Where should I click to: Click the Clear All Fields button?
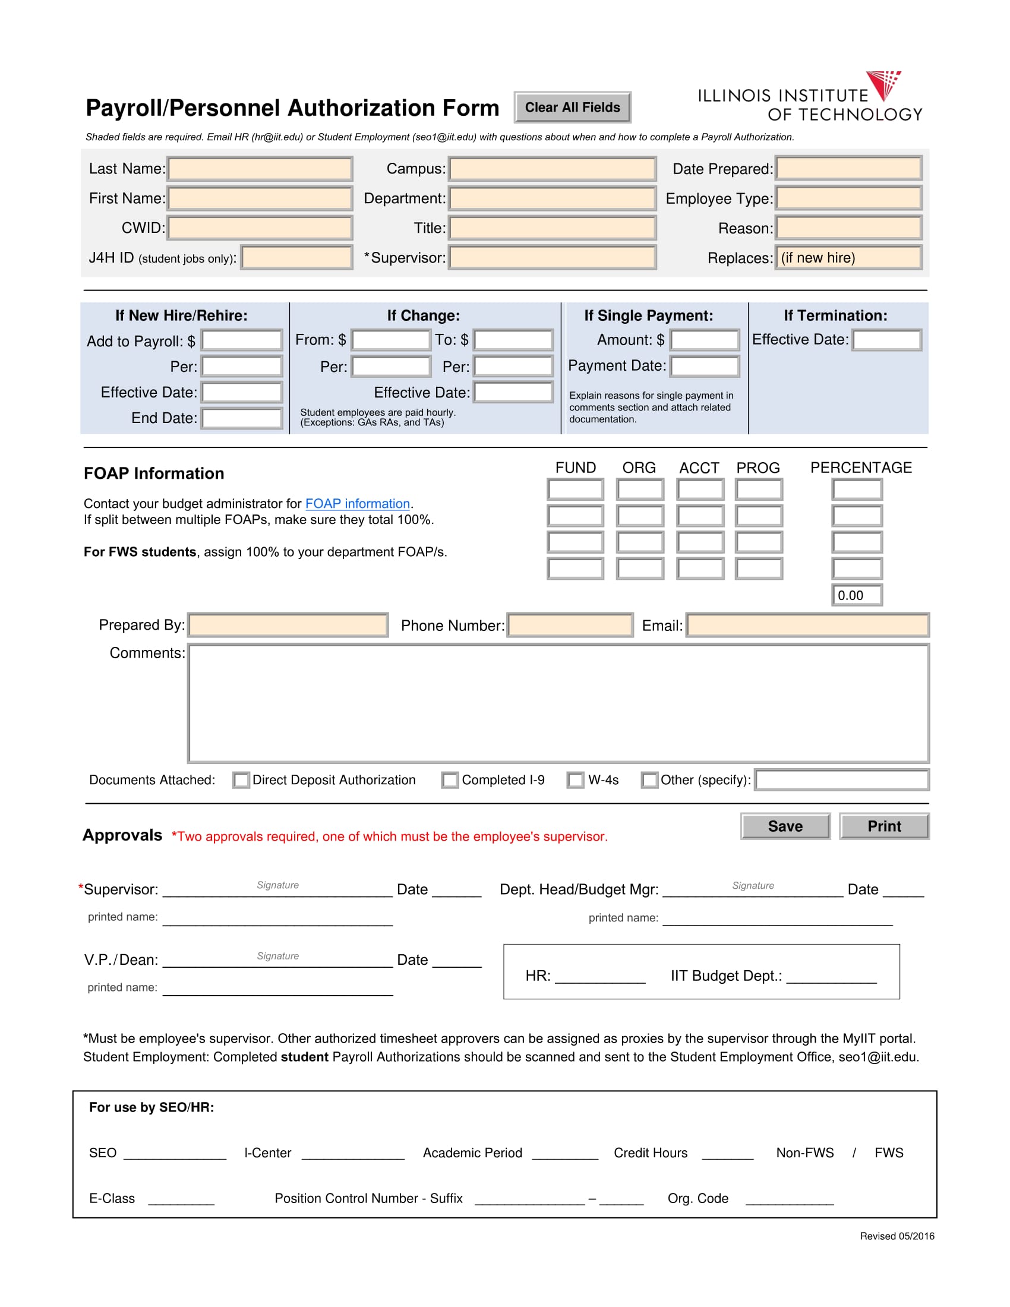[x=572, y=108]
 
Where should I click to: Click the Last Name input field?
[x=260, y=169]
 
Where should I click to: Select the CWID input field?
[x=260, y=228]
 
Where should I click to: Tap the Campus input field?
[x=552, y=169]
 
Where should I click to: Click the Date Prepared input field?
[x=848, y=169]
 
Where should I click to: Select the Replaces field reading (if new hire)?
[x=848, y=258]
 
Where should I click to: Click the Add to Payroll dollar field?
[x=242, y=340]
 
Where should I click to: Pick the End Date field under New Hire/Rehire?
[x=242, y=418]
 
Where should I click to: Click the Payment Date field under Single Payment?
[x=704, y=366]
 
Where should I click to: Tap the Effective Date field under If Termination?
[x=886, y=340]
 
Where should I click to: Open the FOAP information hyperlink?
[x=357, y=504]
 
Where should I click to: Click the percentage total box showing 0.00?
[x=856, y=595]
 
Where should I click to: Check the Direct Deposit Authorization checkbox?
[x=241, y=781]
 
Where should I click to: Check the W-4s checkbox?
[x=575, y=781]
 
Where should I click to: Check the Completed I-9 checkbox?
[x=450, y=781]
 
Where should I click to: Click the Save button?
[x=785, y=826]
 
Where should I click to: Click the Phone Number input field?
[x=570, y=626]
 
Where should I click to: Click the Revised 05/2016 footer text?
[x=897, y=1236]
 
